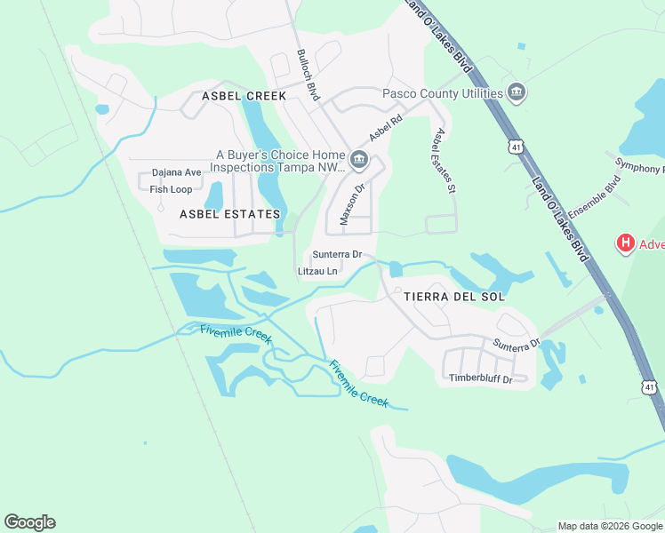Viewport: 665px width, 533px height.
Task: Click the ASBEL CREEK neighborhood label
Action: [244, 96]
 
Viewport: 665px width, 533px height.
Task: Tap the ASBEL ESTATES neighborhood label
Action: [229, 214]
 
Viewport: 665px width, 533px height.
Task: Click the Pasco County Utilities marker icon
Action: [517, 93]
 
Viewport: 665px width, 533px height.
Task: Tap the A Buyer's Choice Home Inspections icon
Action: [359, 160]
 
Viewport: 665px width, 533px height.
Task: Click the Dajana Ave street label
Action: [176, 172]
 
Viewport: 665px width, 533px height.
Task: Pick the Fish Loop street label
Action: [171, 189]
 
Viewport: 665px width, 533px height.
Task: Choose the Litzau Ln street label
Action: [317, 271]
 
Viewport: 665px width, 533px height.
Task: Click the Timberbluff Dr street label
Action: [480, 379]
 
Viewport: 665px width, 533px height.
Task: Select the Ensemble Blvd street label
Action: [594, 200]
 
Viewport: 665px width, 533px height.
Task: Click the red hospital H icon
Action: [626, 243]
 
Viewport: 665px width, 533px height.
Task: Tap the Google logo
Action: [29, 522]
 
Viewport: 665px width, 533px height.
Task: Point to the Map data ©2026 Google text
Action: [609, 526]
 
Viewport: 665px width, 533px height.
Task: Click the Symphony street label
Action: [639, 165]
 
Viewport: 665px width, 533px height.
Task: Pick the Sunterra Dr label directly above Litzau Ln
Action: [337, 254]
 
